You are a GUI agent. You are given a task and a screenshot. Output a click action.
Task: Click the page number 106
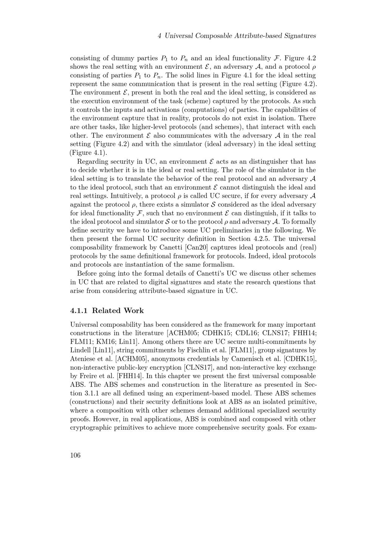[x=75, y=455]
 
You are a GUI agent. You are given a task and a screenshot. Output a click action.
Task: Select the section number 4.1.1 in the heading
[x=79, y=310]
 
